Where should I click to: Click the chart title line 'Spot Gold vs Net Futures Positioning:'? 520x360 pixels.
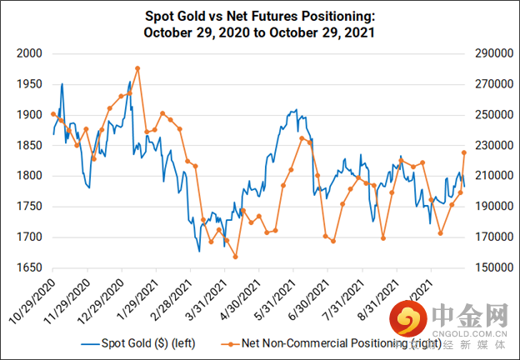(x=260, y=15)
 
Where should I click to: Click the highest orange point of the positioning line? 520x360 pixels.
(x=137, y=67)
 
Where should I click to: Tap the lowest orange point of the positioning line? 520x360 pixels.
(x=235, y=257)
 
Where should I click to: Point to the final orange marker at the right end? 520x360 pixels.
(x=464, y=152)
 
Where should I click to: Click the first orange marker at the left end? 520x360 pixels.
(x=53, y=114)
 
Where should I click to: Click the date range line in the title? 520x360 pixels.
(x=260, y=32)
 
